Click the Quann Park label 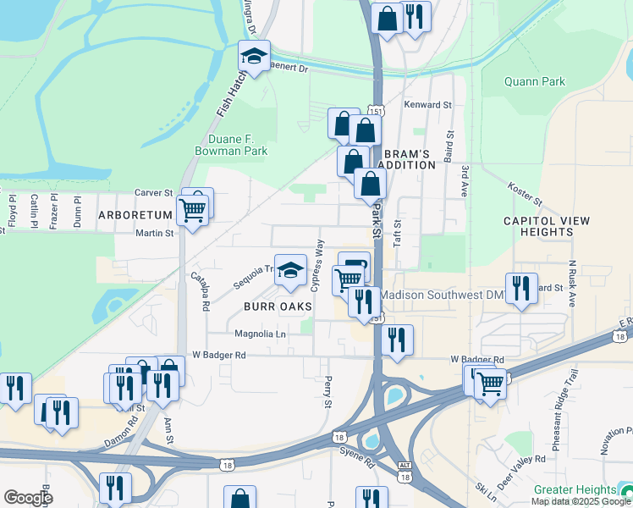tap(534, 81)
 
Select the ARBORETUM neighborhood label tap(135, 213)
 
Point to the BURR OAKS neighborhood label tap(278, 306)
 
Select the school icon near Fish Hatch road tap(253, 56)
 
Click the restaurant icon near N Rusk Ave tap(520, 289)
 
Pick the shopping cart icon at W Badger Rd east tap(490, 384)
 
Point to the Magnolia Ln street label tap(260, 334)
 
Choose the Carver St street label tap(154, 193)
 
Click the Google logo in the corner tap(28, 498)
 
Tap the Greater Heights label tap(575, 490)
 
